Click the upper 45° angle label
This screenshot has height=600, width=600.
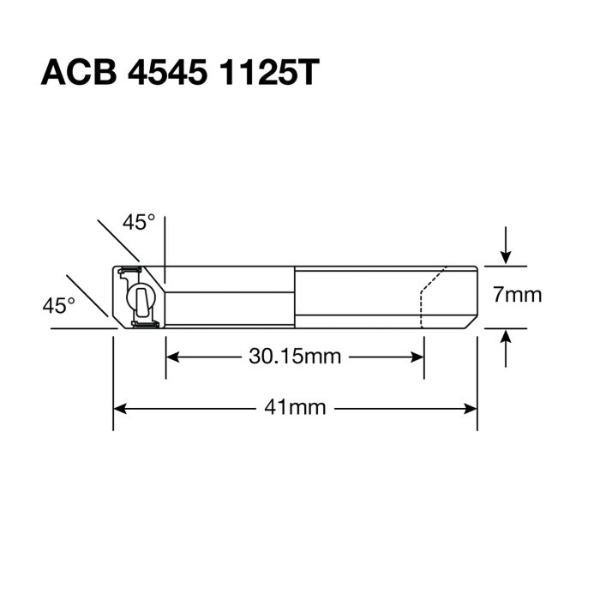pyautogui.click(x=138, y=223)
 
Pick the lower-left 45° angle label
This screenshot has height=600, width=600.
pyautogui.click(x=59, y=304)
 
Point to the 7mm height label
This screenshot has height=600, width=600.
pyautogui.click(x=517, y=296)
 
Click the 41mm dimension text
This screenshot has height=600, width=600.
pyautogui.click(x=296, y=408)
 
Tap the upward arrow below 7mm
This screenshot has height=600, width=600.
pyautogui.click(x=507, y=339)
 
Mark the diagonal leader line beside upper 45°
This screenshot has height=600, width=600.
pyautogui.click(x=118, y=240)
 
